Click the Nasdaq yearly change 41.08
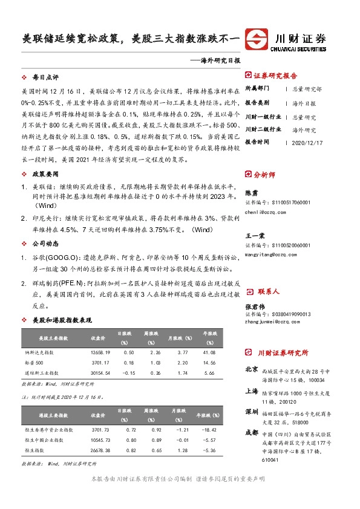pos(209,352)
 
